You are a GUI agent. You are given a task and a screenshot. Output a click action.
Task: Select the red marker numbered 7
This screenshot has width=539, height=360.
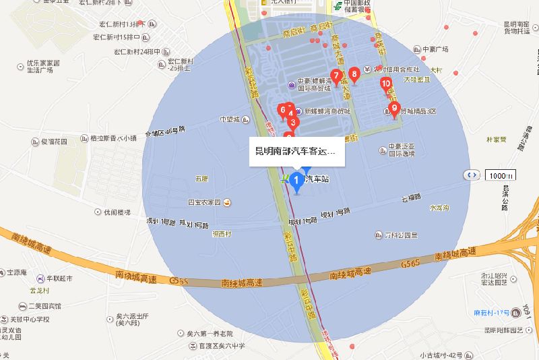point(336,76)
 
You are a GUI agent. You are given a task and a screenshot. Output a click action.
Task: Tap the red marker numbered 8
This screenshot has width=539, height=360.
point(354,75)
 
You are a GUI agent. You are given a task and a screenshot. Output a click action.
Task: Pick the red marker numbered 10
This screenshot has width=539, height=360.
point(386,85)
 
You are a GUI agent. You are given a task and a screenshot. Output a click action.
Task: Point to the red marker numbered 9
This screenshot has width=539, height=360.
point(395,109)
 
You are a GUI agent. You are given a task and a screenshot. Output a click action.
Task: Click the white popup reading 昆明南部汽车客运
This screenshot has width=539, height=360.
point(297,152)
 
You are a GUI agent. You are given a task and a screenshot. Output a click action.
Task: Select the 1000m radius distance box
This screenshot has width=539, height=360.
point(501,175)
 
